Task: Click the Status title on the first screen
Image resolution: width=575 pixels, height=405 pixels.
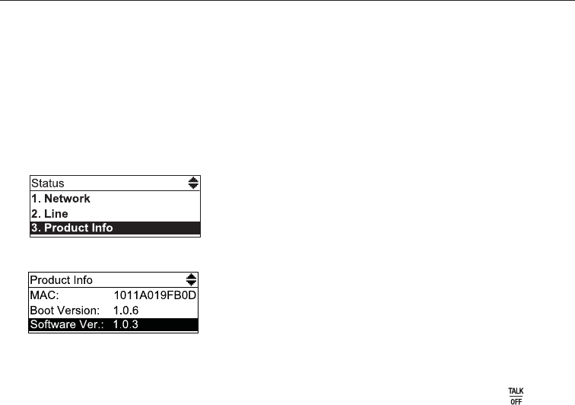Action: (48, 183)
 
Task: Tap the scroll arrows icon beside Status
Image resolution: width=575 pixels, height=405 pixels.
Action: (193, 183)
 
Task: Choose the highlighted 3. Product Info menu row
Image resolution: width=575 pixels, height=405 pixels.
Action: (115, 228)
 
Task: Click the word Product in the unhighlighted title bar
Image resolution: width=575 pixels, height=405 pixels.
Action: (49, 279)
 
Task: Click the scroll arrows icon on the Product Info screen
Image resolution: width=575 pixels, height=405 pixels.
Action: (191, 279)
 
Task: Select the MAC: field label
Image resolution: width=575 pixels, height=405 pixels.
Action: (43, 295)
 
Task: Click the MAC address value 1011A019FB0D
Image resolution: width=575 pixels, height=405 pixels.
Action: (154, 295)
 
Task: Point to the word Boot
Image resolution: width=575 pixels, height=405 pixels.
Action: (43, 310)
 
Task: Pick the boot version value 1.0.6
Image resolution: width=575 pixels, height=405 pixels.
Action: (127, 310)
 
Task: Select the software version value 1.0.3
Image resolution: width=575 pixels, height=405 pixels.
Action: (127, 325)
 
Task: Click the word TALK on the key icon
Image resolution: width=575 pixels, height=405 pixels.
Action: (516, 391)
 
